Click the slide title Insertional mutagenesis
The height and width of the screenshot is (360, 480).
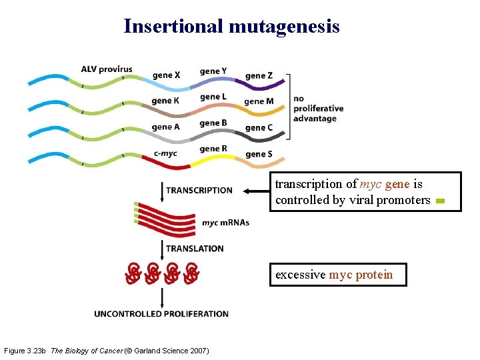(231, 26)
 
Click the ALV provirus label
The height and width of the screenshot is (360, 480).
(107, 69)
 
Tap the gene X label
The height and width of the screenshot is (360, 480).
(166, 75)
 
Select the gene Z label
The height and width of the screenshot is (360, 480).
(259, 75)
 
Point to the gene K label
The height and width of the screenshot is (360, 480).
(165, 101)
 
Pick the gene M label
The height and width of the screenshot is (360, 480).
(259, 101)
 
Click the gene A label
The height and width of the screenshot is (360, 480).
(166, 127)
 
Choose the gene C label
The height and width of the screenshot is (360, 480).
(259, 127)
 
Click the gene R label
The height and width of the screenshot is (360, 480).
(213, 149)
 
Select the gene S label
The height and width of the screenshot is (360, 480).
(259, 154)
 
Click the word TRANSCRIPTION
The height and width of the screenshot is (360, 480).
(199, 191)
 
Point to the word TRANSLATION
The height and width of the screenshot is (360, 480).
(195, 249)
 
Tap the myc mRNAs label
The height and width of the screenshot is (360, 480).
(225, 223)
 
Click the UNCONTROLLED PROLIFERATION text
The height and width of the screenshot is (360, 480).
(161, 313)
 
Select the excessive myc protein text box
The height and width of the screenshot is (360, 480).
(337, 275)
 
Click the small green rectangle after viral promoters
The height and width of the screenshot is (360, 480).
(439, 201)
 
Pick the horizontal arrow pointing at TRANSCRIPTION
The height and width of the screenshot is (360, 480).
(255, 191)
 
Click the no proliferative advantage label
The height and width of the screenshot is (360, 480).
(318, 109)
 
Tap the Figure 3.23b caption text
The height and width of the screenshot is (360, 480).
(106, 351)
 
